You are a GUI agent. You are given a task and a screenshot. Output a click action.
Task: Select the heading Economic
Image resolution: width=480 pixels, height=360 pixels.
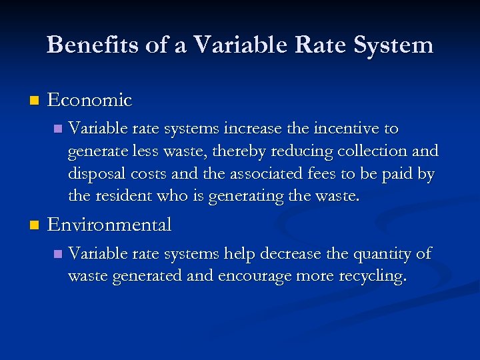coord(90,101)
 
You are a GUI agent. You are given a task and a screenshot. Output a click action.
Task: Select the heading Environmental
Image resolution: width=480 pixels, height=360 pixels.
coord(109,225)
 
